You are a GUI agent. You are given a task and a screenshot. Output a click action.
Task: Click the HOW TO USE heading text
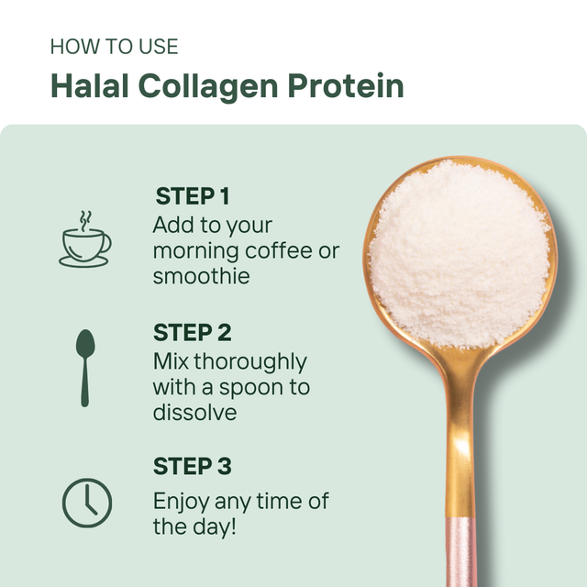114,46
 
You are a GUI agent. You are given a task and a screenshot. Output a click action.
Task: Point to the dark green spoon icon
85,367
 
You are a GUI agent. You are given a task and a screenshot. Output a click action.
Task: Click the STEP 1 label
192,196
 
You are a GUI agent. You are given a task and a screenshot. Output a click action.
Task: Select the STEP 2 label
192,332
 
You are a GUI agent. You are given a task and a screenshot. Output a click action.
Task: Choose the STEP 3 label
192,467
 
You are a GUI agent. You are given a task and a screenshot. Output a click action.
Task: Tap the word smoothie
201,276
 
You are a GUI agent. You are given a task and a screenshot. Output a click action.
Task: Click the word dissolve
194,413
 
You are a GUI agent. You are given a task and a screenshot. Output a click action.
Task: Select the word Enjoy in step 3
181,502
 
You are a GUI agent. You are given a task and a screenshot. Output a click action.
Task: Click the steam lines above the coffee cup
85,219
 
